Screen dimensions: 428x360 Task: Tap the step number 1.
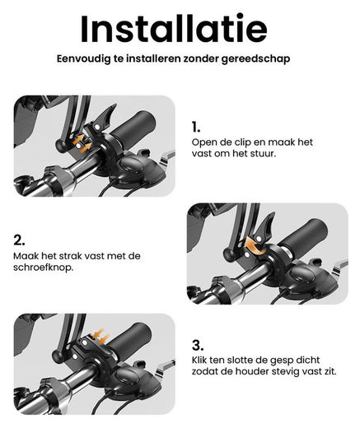pos(196,127)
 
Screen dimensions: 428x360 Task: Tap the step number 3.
pos(198,345)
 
